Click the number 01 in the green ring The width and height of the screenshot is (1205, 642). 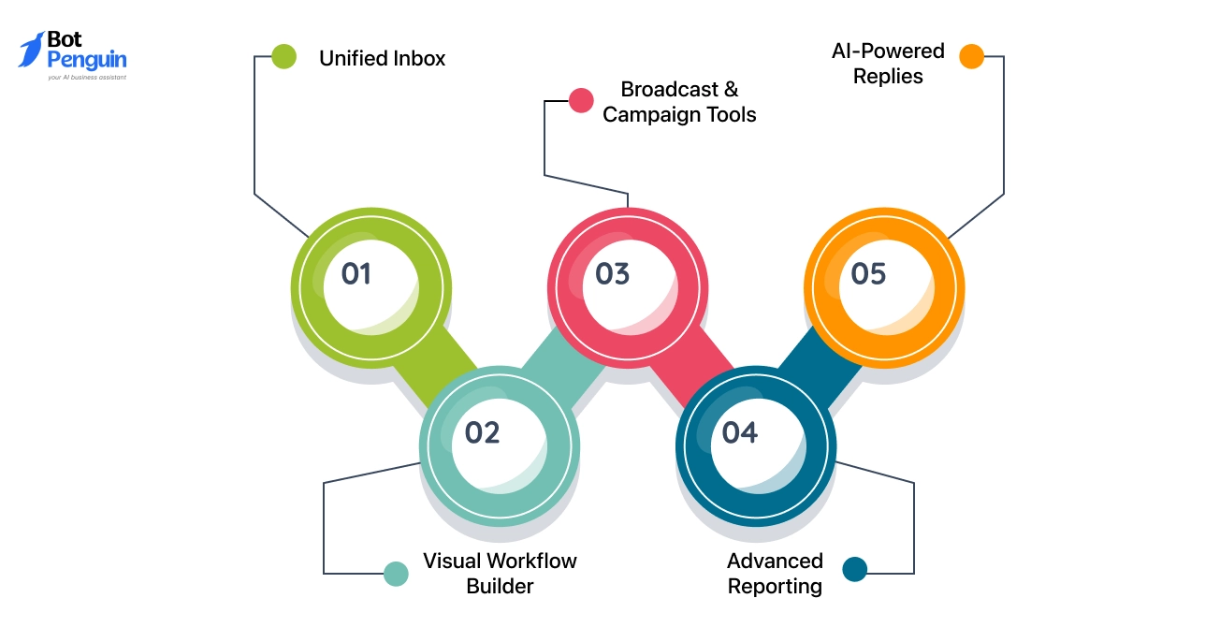[356, 273]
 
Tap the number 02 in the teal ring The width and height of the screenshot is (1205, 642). [483, 432]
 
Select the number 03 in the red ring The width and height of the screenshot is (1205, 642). [613, 273]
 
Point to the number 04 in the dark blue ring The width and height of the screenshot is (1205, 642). [739, 432]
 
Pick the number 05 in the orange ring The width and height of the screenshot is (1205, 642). [868, 273]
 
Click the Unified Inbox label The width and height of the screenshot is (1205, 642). [382, 58]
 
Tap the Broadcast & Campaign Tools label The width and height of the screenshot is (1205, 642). [679, 102]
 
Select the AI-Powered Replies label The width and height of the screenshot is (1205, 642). [888, 64]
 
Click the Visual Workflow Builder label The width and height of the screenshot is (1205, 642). [500, 574]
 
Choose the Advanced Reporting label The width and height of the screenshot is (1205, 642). [775, 574]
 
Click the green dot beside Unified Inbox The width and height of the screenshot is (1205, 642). [284, 56]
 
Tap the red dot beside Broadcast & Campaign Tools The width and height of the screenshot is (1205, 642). [581, 100]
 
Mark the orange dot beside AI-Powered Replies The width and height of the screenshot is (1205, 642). [972, 56]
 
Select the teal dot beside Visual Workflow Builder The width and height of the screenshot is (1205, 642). [397, 574]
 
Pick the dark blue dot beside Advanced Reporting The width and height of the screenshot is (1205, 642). [855, 569]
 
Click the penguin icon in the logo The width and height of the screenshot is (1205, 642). [32, 50]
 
